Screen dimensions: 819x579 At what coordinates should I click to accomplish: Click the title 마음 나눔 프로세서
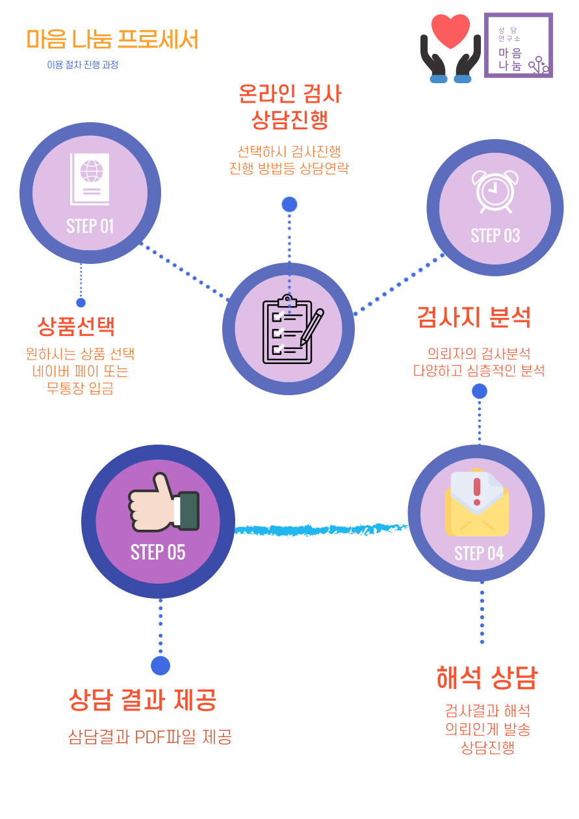point(112,40)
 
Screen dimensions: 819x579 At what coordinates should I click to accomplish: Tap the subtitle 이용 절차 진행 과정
point(83,65)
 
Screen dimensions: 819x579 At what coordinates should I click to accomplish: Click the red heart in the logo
point(450,31)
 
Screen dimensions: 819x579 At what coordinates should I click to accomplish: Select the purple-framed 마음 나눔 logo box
point(518,45)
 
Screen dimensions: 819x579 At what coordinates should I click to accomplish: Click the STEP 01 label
point(90,226)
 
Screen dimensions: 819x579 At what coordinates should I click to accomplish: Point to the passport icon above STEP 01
point(90,179)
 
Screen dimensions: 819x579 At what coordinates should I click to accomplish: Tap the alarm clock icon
point(495,191)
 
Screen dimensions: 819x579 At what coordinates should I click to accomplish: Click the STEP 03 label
point(495,235)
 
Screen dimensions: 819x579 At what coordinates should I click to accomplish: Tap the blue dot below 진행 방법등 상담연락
point(289,204)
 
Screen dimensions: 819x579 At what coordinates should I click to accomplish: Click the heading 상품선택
point(76,326)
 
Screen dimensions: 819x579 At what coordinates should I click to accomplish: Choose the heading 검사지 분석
point(474,317)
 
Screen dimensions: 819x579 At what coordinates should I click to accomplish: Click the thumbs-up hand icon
point(162,503)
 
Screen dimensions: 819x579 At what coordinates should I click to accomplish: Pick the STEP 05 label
point(158,552)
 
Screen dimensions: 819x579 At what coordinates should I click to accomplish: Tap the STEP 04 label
point(479,553)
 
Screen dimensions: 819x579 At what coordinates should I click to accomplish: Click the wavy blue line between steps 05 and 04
point(321,529)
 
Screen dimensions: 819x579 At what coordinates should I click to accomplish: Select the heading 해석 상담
point(487,677)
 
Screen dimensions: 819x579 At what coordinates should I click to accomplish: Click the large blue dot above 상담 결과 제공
point(161,666)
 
